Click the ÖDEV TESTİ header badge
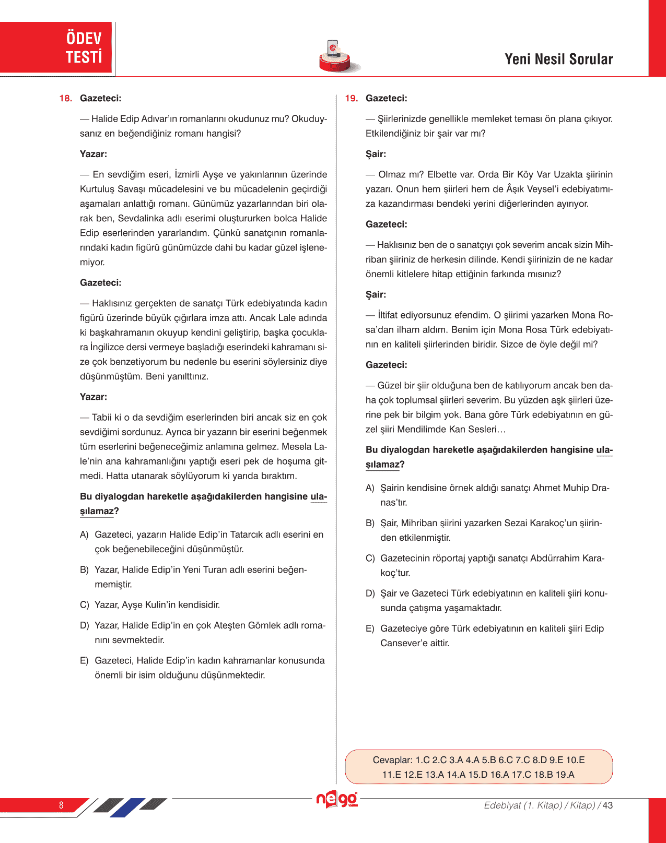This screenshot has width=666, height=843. tap(84, 48)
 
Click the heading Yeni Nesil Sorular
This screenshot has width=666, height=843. tap(558, 60)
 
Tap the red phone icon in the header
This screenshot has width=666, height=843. tap(333, 49)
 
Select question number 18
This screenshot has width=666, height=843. tap(65, 98)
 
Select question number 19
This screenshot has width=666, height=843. tap(351, 98)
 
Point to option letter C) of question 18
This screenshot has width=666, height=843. tap(84, 604)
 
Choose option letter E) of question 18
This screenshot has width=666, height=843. tap(84, 660)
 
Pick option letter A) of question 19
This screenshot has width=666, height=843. tap(370, 488)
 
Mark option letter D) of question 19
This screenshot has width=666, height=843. tap(370, 593)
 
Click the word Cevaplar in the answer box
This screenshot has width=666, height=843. tap(392, 760)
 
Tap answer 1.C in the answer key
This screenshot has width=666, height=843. tap(423, 760)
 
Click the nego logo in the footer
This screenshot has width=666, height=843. tap(337, 799)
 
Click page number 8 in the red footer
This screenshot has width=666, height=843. tap(61, 805)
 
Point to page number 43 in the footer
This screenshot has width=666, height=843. tap(607, 805)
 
